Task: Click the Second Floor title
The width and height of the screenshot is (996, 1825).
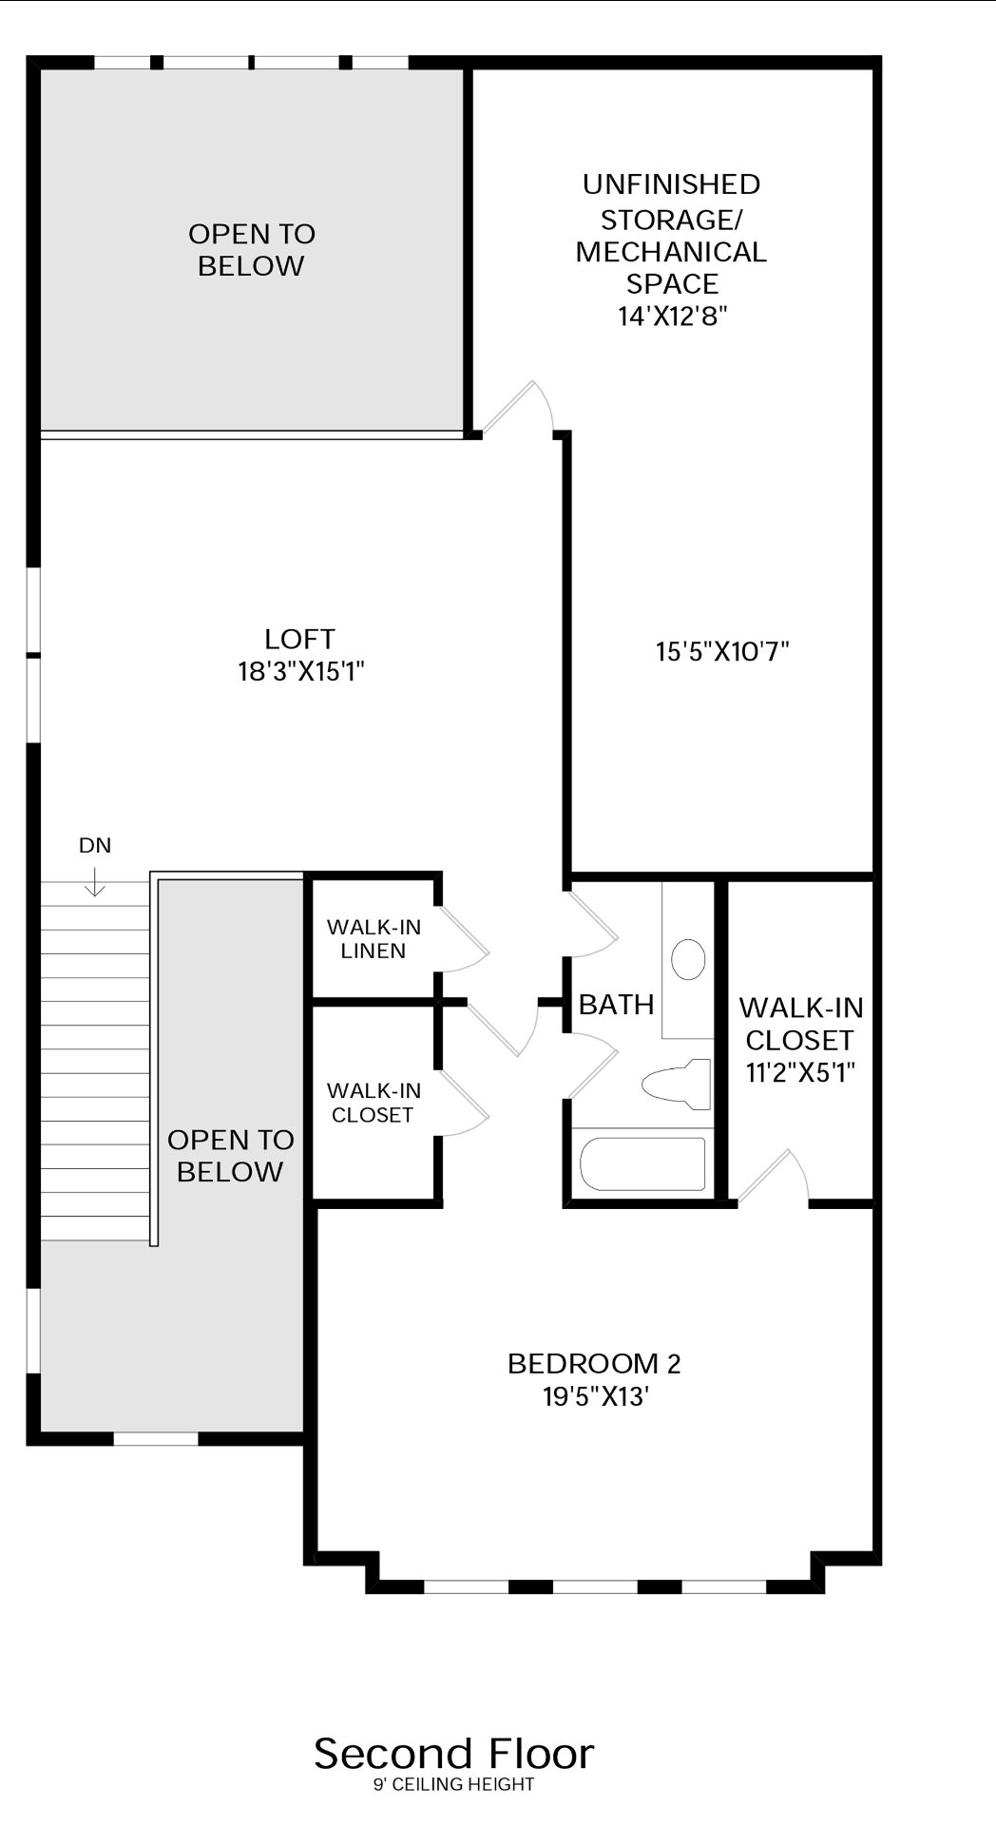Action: pos(453,1754)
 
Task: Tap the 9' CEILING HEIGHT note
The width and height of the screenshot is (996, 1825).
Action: pos(453,1784)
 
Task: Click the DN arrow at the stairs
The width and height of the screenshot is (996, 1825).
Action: pos(95,884)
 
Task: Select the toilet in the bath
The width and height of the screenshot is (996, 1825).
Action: pos(677,1084)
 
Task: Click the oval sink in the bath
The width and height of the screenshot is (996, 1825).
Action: pos(688,959)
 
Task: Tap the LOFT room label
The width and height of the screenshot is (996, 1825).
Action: pos(300,639)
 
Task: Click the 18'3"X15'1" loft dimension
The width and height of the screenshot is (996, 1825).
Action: pos(301,672)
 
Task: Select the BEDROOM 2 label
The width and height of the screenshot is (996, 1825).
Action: pos(594,1363)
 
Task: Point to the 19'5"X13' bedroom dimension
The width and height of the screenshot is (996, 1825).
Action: pos(596,1396)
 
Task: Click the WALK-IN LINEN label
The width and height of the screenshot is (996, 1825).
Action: pos(373,938)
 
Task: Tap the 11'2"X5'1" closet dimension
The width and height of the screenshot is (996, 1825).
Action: pos(801,1072)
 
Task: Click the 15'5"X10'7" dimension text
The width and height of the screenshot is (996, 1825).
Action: pos(723,651)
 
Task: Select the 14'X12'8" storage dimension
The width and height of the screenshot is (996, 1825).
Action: pos(673,316)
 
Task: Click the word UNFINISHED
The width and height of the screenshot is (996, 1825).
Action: pos(671,183)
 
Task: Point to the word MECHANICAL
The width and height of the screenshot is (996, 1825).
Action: pos(671,252)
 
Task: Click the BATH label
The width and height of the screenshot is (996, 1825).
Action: pos(616,1004)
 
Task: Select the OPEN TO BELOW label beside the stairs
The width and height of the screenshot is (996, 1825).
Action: pos(230,1155)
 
